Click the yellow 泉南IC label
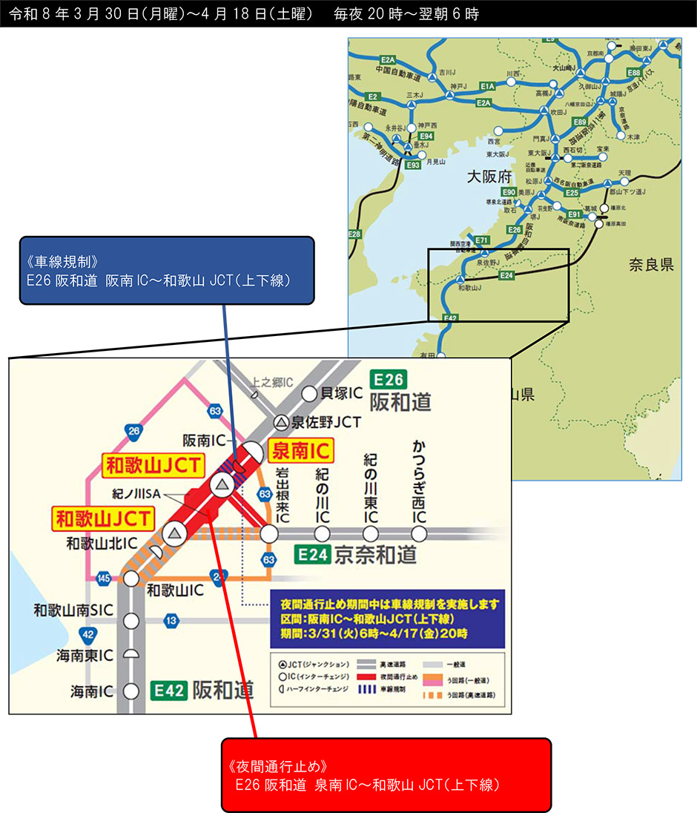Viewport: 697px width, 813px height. point(301,450)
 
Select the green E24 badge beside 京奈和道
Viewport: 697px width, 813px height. point(311,554)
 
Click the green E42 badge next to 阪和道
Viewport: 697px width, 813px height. point(169,690)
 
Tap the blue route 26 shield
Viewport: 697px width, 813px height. point(133,430)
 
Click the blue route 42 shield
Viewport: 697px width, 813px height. point(87,633)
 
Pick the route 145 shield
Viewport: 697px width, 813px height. point(105,578)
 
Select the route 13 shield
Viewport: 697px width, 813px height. point(172,620)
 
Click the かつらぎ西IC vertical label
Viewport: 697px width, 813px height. point(420,483)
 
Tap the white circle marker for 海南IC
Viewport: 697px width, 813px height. point(132,691)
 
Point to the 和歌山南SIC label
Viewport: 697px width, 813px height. point(73,610)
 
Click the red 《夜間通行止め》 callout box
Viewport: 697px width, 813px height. point(386,774)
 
